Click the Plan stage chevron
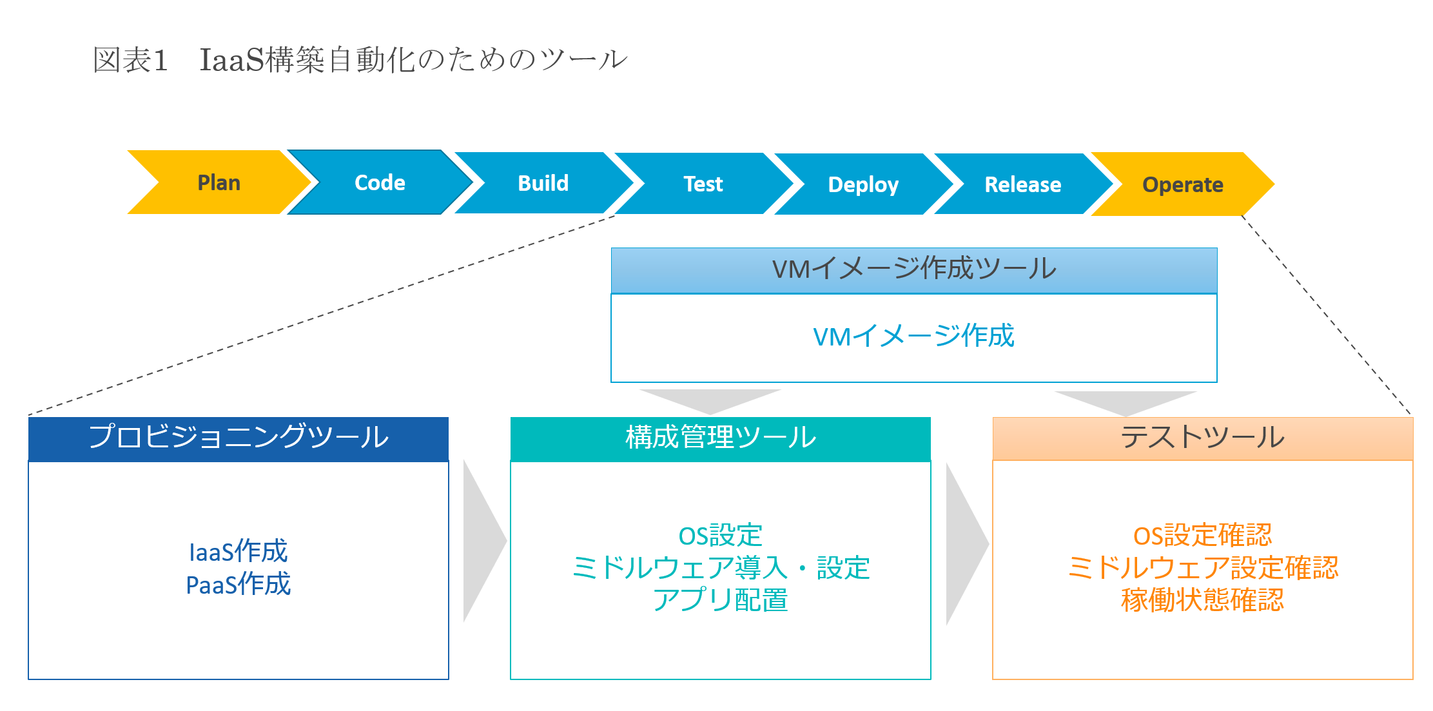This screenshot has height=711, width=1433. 219,182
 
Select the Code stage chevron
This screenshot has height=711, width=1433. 380,182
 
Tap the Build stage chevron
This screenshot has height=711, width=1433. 543,183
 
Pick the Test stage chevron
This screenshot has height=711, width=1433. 703,184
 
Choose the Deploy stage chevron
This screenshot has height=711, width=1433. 863,184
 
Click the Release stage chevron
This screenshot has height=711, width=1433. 1023,184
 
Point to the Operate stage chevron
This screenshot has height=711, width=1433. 1183,184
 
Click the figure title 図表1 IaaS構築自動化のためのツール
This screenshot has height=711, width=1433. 360,60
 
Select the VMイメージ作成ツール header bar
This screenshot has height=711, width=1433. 914,270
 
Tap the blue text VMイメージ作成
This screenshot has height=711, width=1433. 914,336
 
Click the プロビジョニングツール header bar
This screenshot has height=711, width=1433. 239,439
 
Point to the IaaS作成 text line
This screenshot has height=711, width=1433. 239,552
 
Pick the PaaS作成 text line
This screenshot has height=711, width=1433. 239,584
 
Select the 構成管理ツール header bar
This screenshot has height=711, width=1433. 721,439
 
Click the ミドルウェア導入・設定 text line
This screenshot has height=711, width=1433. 721,568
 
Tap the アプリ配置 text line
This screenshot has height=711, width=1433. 721,600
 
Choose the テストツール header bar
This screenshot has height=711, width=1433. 1203,438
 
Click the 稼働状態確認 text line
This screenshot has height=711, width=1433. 1203,600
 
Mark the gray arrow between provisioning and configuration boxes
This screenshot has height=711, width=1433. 483,541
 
